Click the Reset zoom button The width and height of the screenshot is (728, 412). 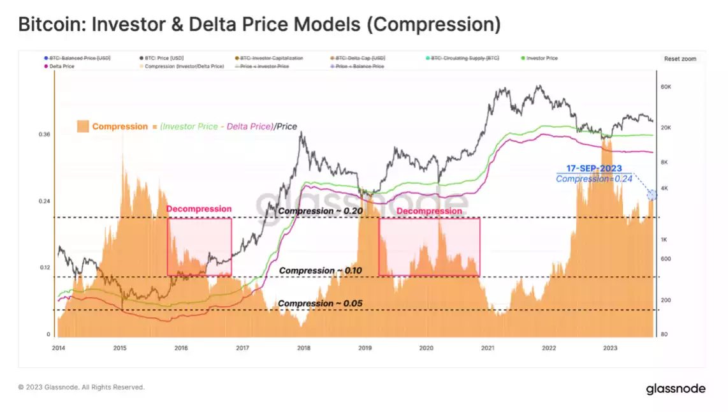pyautogui.click(x=680, y=59)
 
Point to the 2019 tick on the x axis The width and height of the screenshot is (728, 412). pyautogui.click(x=365, y=348)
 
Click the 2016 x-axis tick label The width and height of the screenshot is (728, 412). pyautogui.click(x=181, y=348)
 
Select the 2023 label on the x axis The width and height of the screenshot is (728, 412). pyautogui.click(x=611, y=348)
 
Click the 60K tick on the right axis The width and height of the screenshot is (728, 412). pyautogui.click(x=667, y=87)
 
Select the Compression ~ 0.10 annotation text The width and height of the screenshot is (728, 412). pyautogui.click(x=320, y=270)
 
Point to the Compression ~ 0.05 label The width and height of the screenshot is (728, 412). pyautogui.click(x=320, y=304)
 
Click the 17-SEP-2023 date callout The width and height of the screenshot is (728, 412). pyautogui.click(x=594, y=168)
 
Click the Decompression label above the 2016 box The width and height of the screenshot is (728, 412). pyautogui.click(x=199, y=209)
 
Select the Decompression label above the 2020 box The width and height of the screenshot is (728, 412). pyautogui.click(x=429, y=211)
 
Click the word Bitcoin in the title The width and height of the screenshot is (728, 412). pyautogui.click(x=50, y=25)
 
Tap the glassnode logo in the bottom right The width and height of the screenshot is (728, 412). pyautogui.click(x=676, y=388)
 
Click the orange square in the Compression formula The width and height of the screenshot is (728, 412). pyautogui.click(x=82, y=126)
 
